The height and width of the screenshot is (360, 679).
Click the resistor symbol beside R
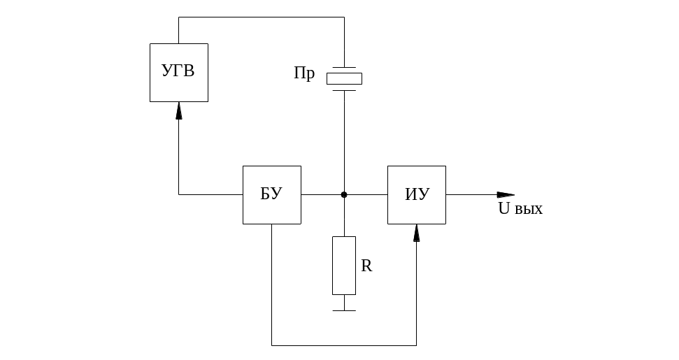point(344,265)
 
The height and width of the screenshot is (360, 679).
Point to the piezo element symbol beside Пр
point(344,78)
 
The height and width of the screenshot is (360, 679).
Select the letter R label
point(366,266)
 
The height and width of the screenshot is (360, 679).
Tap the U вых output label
point(520,208)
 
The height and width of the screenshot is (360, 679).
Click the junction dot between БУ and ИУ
point(344,194)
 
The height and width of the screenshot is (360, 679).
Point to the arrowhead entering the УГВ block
point(179,110)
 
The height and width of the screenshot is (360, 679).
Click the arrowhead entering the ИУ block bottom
point(417,233)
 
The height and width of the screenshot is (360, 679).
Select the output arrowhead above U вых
point(506,194)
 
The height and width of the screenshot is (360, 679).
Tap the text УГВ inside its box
point(178,71)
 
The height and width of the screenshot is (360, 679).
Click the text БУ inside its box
point(271,194)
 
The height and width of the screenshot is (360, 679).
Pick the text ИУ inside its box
point(417,194)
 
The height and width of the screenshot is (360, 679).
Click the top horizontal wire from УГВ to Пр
point(262,18)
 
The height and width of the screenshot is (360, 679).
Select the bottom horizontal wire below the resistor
point(344,345)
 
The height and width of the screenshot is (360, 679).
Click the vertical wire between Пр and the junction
point(344,140)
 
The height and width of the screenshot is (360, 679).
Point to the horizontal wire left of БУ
point(210,194)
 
